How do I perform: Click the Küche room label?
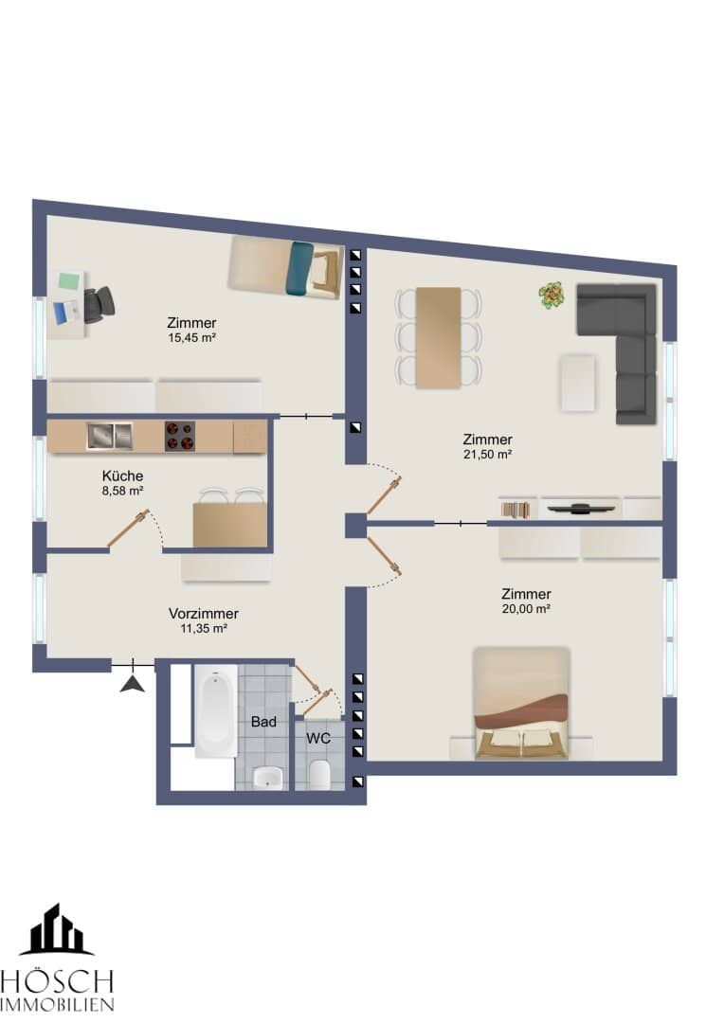(122, 476)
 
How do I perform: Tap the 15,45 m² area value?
(192, 338)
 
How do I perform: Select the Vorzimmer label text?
(204, 613)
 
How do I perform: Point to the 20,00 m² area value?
(526, 609)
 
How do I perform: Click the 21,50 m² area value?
(488, 454)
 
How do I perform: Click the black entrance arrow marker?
(133, 685)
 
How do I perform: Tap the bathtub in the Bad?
(215, 711)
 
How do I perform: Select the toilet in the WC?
(319, 774)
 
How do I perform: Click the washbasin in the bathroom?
(267, 777)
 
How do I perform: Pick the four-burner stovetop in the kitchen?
(179, 436)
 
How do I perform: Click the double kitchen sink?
(110, 436)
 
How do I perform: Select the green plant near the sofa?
(552, 295)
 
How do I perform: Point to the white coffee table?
(578, 383)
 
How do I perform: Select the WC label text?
(317, 738)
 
